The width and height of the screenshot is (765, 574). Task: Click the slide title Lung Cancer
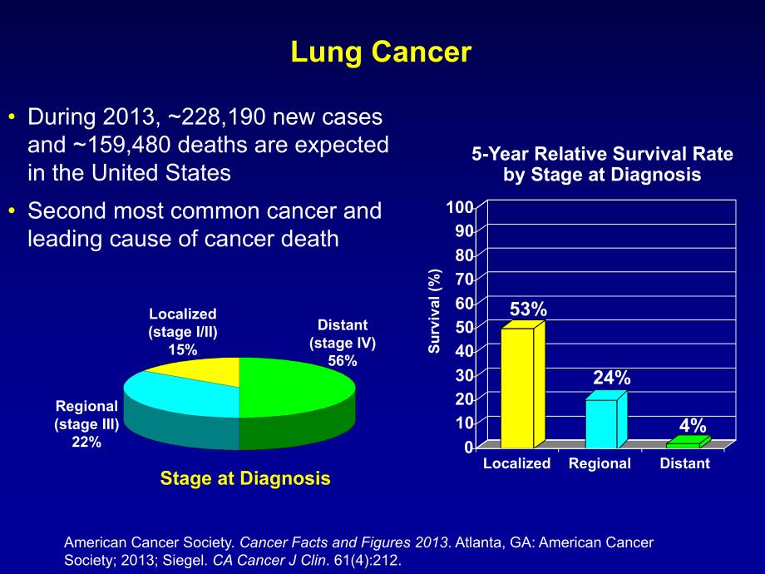(381, 52)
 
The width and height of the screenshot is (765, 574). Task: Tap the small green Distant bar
(687, 443)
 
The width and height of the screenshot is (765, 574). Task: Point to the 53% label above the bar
(528, 309)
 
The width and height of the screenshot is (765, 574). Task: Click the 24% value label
(611, 378)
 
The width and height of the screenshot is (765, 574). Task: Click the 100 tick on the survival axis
(462, 206)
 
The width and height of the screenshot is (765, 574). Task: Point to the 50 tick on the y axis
(465, 327)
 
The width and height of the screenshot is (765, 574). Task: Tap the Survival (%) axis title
(434, 311)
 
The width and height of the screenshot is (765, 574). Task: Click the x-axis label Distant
(684, 463)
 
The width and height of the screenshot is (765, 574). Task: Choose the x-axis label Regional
(600, 463)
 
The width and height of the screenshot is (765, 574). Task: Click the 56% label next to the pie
(342, 360)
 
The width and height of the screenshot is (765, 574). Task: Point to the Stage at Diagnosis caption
(244, 478)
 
